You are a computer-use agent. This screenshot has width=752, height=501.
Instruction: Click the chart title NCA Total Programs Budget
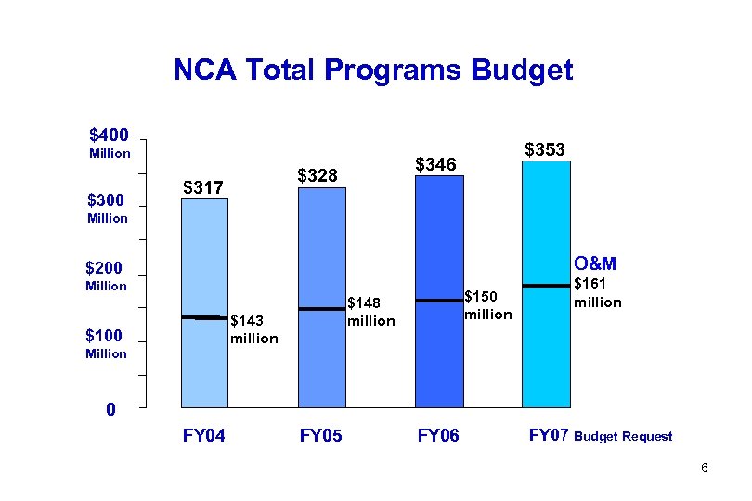(373, 71)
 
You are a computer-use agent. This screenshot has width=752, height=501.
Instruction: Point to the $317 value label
(202, 188)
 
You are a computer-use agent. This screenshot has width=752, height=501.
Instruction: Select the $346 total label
(435, 164)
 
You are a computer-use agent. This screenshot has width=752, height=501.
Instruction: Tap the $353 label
(545, 149)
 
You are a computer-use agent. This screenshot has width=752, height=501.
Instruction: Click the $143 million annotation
(253, 329)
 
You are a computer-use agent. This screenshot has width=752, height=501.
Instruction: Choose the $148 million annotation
(370, 311)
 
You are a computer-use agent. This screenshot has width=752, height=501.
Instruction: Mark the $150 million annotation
(487, 305)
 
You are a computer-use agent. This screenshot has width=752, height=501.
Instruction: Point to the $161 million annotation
(597, 293)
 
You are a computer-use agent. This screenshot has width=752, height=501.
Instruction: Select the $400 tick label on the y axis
(109, 135)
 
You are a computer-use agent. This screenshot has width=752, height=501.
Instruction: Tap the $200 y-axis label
(106, 269)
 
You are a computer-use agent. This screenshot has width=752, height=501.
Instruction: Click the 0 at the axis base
(110, 409)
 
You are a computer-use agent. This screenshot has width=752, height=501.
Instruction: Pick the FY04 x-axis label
(204, 435)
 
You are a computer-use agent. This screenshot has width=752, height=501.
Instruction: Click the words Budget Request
(624, 437)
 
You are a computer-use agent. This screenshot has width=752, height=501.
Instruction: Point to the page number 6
(705, 469)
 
